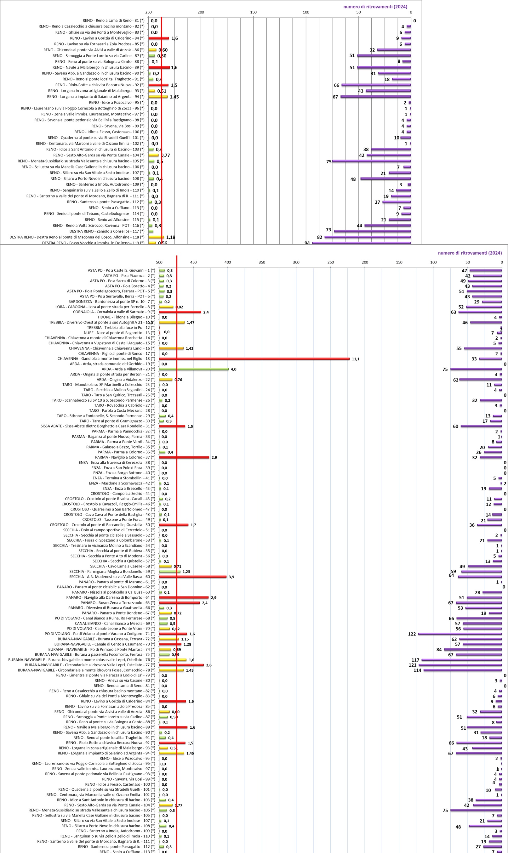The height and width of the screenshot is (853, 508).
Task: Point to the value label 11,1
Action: [355, 359]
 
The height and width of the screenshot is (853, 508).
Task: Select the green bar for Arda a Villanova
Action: [194, 369]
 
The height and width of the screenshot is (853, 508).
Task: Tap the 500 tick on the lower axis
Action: [159, 262]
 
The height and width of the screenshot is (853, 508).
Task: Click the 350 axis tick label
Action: [262, 262]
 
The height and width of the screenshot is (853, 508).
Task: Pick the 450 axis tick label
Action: [193, 262]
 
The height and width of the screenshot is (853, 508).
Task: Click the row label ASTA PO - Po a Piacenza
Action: [129, 276]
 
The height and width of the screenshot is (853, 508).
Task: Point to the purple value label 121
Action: [413, 665]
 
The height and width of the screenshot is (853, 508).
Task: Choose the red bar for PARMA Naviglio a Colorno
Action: [184, 457]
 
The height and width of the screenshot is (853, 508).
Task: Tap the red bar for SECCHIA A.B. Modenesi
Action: [193, 577]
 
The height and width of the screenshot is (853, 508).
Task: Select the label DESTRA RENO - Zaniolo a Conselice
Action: [107, 231]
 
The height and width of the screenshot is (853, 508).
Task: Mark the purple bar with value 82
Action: [368, 237]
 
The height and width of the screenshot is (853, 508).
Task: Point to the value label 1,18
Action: [170, 237]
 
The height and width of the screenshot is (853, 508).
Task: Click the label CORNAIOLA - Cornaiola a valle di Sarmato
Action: [114, 312]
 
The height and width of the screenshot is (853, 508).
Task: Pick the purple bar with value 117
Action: [461, 660]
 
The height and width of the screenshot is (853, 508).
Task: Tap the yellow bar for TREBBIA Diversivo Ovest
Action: [172, 322]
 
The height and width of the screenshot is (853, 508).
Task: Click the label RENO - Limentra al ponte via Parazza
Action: [106, 675]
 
